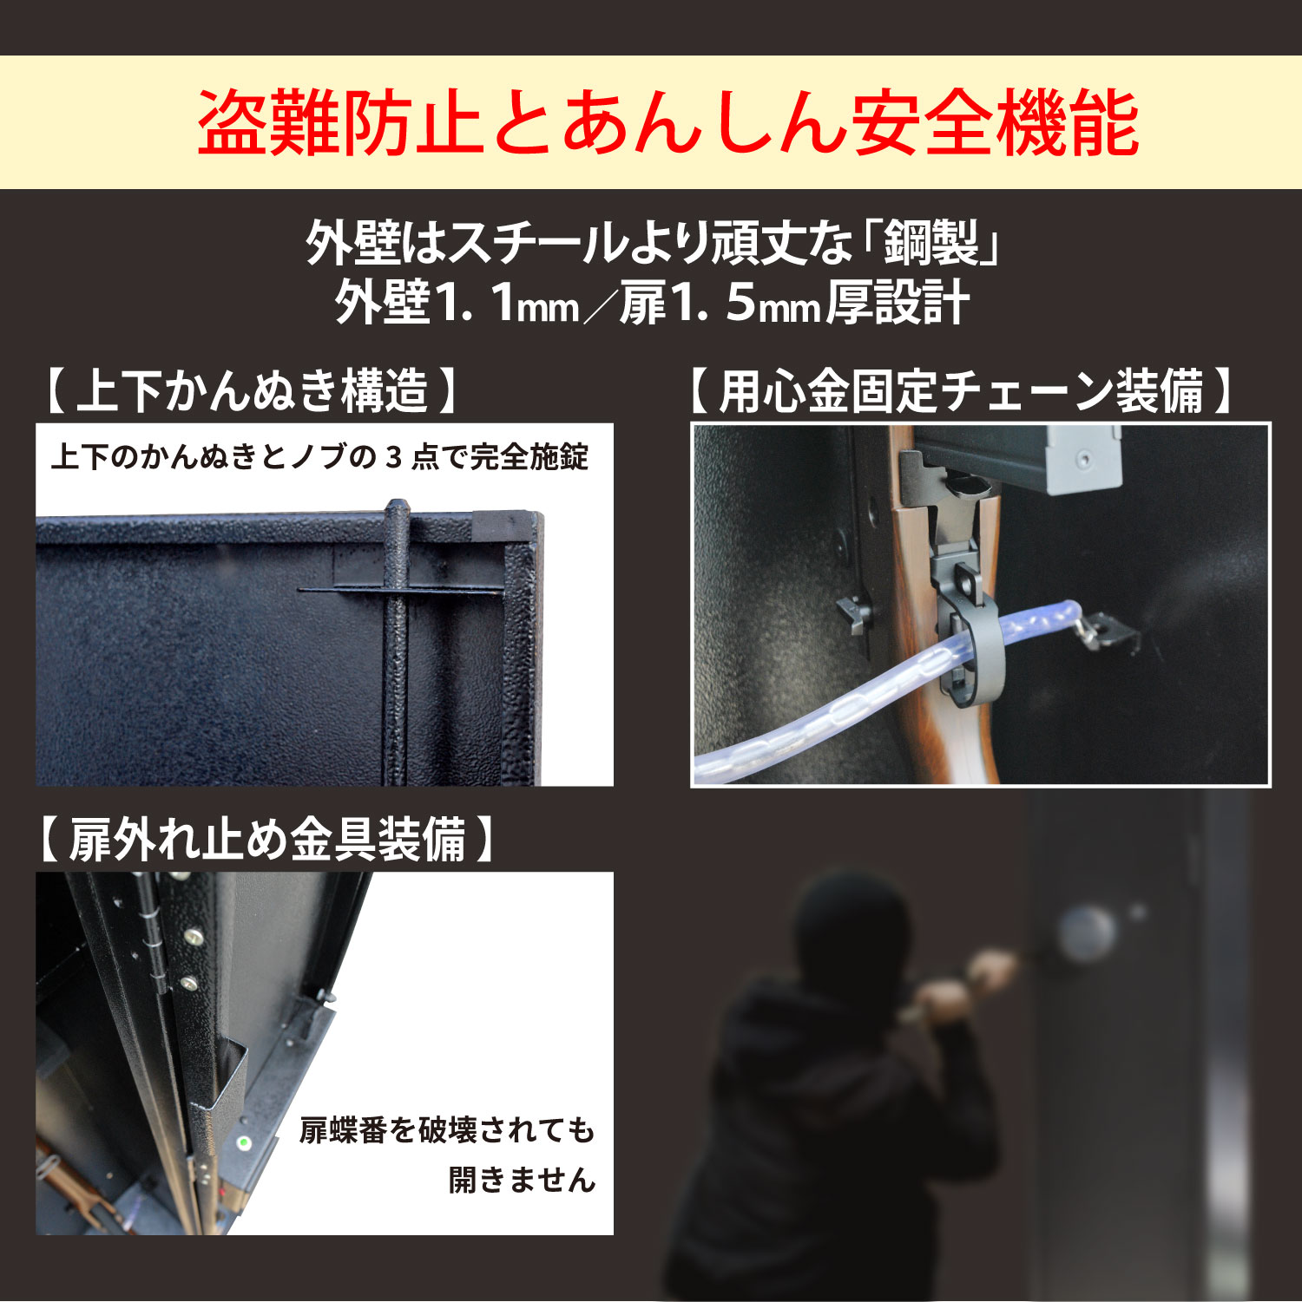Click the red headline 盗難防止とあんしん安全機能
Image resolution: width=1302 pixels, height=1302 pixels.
click(667, 123)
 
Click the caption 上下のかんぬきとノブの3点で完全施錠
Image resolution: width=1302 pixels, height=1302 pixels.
click(319, 457)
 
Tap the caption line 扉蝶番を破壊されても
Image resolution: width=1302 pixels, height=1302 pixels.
click(447, 1130)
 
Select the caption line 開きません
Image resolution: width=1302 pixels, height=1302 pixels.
click(522, 1180)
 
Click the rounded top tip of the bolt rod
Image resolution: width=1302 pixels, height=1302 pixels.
click(396, 507)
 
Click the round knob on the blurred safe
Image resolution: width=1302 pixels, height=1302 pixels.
click(1087, 933)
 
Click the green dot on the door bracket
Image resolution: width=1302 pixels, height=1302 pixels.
click(245, 1142)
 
